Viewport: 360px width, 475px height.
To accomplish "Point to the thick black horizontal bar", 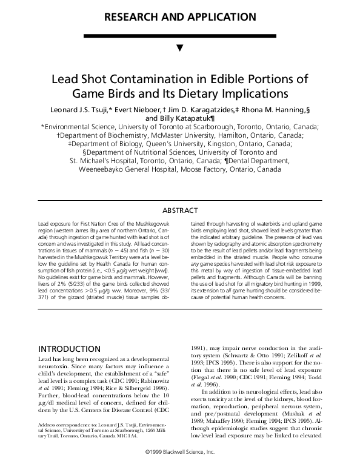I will (180, 36).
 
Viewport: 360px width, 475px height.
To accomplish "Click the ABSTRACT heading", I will (180, 211).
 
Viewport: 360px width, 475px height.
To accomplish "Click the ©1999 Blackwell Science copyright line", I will (180, 470).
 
